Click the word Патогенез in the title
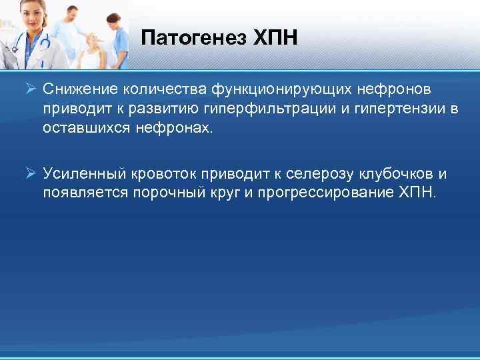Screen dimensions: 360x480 (x=193, y=38)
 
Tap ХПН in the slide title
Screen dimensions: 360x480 (x=275, y=38)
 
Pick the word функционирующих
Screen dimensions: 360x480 (x=275, y=89)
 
